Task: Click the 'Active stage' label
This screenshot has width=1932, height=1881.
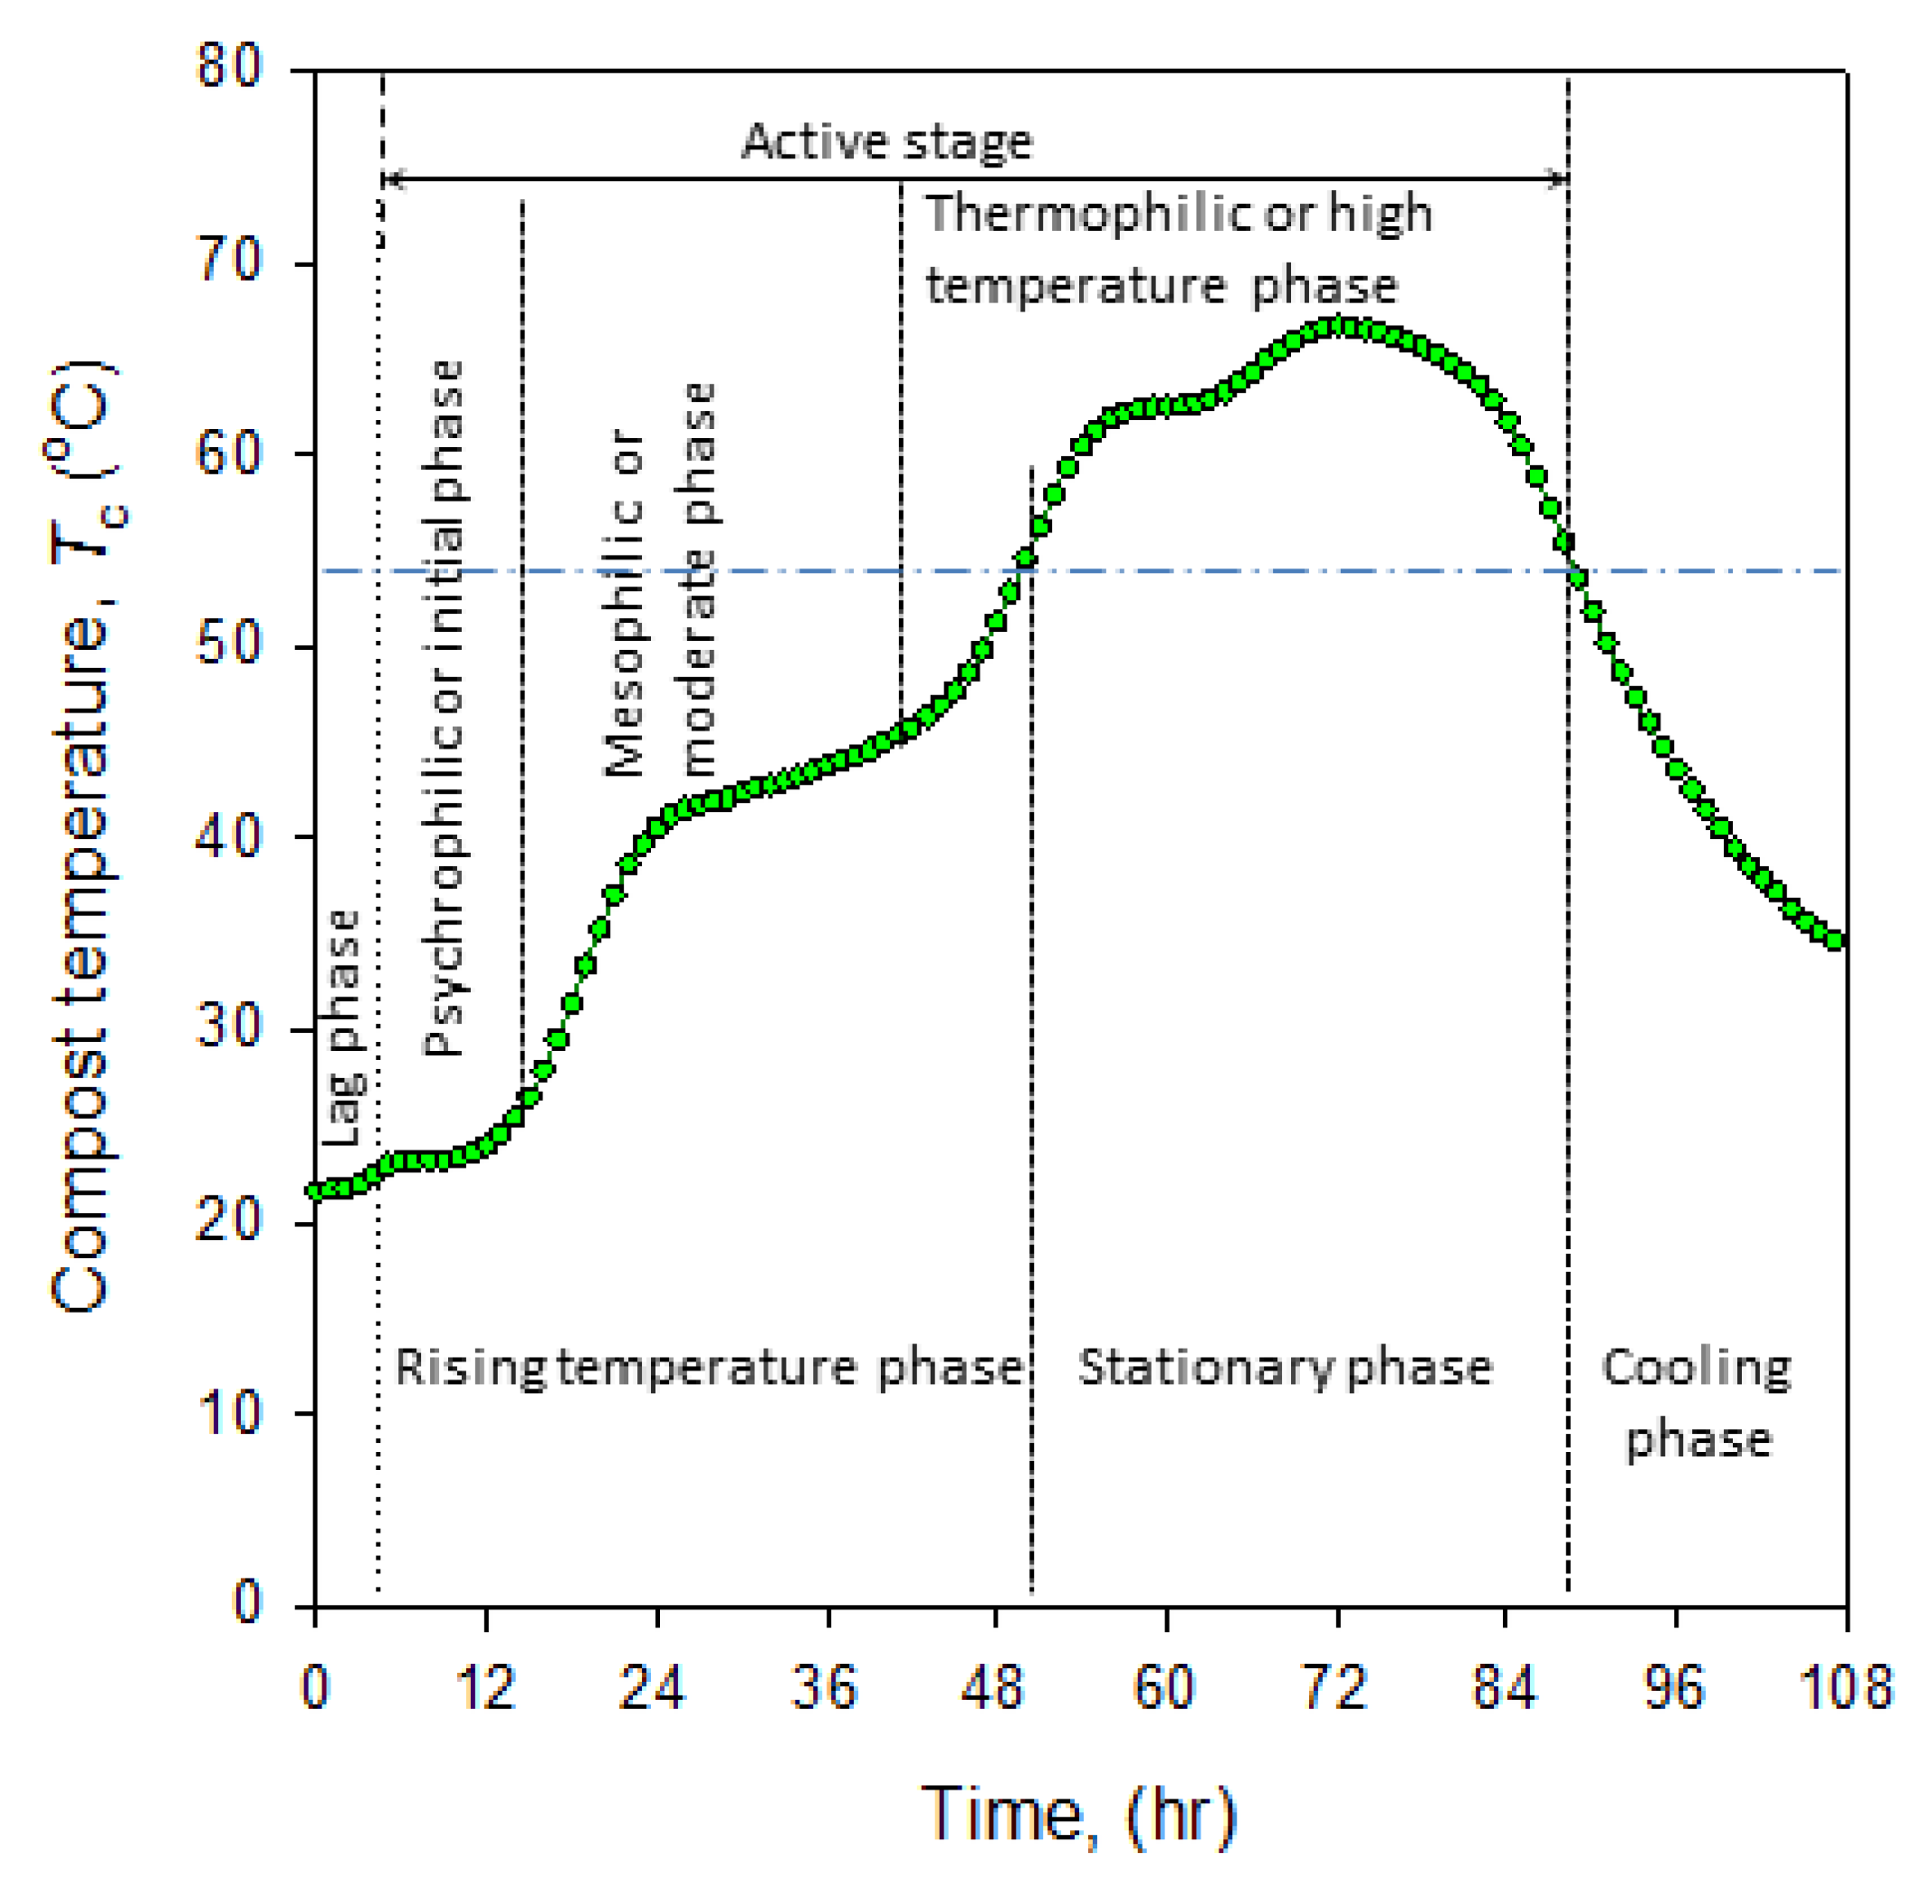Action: (886, 141)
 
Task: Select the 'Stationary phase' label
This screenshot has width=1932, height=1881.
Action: (1285, 1367)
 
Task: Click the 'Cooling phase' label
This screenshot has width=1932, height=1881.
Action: (1696, 1403)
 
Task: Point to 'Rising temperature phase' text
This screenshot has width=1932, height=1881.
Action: (708, 1367)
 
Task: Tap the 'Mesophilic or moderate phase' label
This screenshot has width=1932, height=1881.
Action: (660, 581)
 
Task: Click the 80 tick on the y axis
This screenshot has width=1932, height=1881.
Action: (229, 68)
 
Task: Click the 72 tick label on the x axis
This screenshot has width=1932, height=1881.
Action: (1336, 1688)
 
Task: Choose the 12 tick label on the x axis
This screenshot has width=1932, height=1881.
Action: (485, 1688)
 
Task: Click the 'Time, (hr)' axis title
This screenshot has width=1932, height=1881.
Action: (1077, 1813)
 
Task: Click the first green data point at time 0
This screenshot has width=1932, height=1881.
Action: (316, 1190)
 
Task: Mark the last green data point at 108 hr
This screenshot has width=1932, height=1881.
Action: (1834, 940)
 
